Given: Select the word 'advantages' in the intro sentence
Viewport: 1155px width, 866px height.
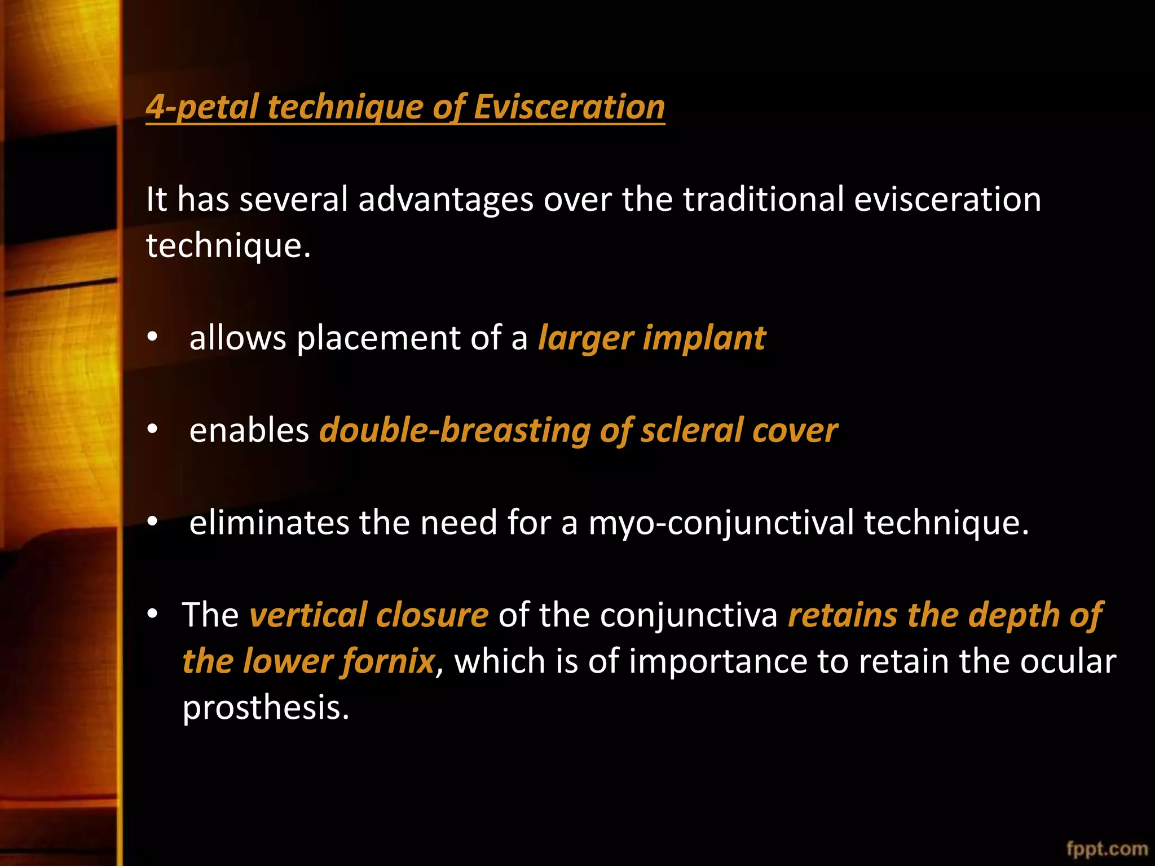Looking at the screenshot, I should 446,200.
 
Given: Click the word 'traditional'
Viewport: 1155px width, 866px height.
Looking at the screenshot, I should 764,200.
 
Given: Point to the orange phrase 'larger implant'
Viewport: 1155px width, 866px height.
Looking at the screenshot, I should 652,338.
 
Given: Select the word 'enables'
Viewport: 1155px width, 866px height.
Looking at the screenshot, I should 249,431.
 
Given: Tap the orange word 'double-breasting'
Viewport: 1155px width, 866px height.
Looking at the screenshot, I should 454,431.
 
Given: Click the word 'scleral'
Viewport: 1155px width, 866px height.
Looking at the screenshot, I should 691,431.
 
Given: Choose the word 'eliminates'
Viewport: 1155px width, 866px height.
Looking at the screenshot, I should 269,523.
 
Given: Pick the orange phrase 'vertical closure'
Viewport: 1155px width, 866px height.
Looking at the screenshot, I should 369,615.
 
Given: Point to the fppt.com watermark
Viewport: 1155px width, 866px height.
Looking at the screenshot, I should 1107,849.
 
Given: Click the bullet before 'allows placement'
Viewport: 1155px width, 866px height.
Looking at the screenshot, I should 152,338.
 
